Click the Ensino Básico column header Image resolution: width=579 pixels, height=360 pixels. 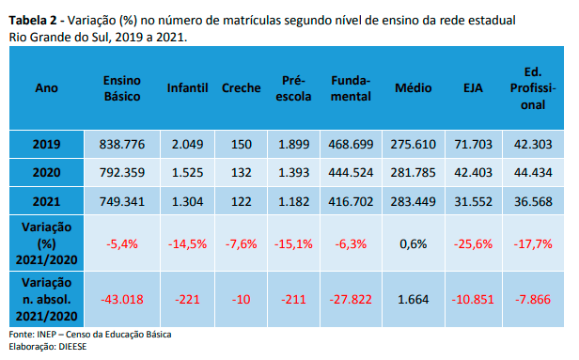pos(122,88)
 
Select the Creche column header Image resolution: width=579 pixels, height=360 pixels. pos(242,88)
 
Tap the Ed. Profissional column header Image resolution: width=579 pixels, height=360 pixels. pos(533,88)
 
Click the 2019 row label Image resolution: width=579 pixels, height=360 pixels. pos(47,144)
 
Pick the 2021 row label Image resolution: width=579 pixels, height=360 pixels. pos(47,201)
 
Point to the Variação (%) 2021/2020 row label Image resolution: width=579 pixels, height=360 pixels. pos(47,243)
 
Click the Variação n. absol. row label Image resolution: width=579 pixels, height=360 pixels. pos(47,299)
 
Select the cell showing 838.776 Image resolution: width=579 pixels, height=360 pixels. pos(122,144)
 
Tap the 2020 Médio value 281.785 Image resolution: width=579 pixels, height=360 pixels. pos(414,172)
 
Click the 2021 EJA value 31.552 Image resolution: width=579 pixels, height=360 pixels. pos(473,201)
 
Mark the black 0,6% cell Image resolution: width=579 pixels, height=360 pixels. pos(414,243)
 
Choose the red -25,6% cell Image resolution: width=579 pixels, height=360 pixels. pos(473,243)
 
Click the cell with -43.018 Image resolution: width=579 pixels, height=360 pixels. pos(122,299)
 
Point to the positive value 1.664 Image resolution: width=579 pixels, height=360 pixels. pos(414,299)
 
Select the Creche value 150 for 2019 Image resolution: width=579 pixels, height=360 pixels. pos(242,144)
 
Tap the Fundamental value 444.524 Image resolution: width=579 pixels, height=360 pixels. pos(351,172)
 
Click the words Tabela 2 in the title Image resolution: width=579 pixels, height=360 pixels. pos(33,20)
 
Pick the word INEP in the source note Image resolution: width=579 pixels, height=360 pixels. pos(47,335)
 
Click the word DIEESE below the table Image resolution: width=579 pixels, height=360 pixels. pos(72,347)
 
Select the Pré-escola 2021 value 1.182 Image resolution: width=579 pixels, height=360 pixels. pos(293,201)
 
